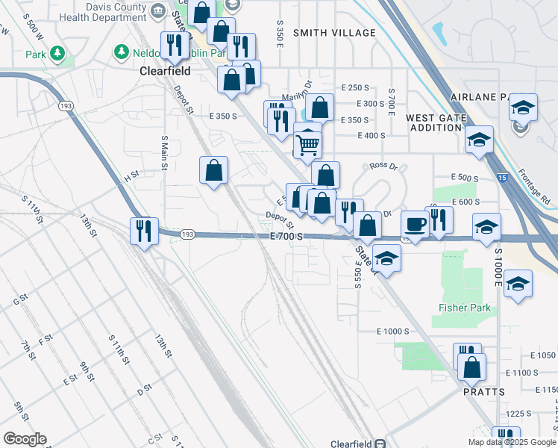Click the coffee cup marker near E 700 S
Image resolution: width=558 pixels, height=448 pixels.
tap(415, 223)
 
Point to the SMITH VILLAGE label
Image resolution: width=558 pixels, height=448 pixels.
tap(334, 33)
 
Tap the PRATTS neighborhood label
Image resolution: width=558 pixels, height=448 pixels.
tap(484, 391)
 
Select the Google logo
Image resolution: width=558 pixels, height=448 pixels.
tap(25, 439)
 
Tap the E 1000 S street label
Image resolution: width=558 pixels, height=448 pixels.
tap(393, 331)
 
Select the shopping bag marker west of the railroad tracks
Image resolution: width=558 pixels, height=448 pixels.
tap(213, 170)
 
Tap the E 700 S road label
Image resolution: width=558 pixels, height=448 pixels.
tap(287, 236)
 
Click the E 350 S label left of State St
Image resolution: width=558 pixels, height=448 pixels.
tap(223, 116)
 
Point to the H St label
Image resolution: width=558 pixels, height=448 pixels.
tap(131, 178)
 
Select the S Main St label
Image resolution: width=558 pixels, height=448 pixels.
tap(165, 153)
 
